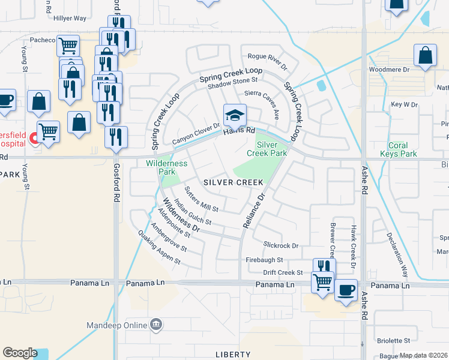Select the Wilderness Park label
click(x=167, y=167)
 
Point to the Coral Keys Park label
click(x=398, y=149)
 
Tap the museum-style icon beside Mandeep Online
click(x=157, y=325)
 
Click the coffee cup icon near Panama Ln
click(x=346, y=291)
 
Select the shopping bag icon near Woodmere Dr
click(x=425, y=56)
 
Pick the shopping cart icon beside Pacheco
click(x=68, y=45)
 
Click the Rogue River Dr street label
click(x=268, y=58)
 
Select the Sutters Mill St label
click(x=201, y=199)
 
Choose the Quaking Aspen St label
click(x=159, y=248)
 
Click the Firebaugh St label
click(x=264, y=260)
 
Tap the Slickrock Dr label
click(x=281, y=245)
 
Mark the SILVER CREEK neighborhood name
click(x=226, y=182)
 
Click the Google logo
click(x=20, y=353)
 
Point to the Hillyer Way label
click(x=70, y=19)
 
